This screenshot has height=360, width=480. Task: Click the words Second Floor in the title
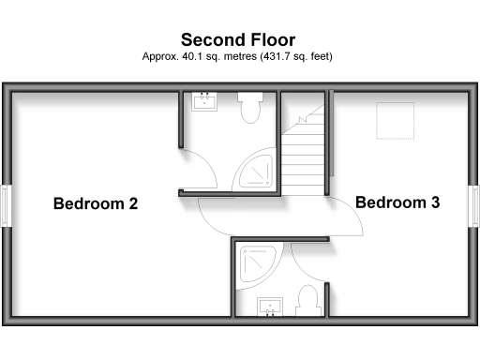pyautogui.click(x=238, y=39)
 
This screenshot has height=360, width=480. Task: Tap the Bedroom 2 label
pyautogui.click(x=96, y=203)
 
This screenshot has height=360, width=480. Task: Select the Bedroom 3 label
pyautogui.click(x=397, y=202)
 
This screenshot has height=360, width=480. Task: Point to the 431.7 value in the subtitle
pyautogui.click(x=281, y=56)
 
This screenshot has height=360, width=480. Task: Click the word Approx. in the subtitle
pyautogui.click(x=159, y=56)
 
